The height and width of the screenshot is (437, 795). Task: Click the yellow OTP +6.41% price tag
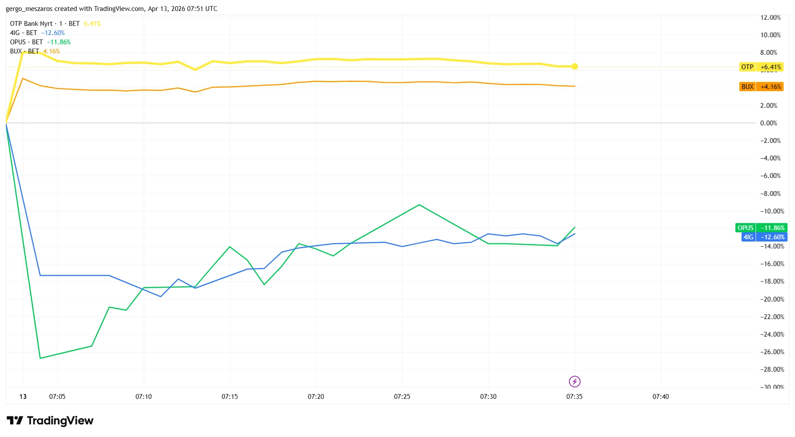point(761,67)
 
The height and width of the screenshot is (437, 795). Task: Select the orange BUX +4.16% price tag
point(761,87)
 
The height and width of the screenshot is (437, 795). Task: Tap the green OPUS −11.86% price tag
point(761,228)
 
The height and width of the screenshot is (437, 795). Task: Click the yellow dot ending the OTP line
point(575,67)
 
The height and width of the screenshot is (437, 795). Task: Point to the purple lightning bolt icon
point(575,382)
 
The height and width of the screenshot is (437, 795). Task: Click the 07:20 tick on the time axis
point(316,397)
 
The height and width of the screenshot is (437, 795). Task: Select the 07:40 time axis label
point(660,397)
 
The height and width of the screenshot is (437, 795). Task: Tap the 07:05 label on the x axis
point(57,397)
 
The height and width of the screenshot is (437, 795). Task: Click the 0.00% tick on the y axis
point(769,123)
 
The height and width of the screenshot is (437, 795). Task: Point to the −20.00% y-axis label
point(772,299)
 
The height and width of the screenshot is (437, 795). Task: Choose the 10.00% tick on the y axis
point(770,35)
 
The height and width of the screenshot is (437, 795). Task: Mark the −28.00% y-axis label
point(772,369)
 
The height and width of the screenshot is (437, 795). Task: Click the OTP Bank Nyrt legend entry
point(31,24)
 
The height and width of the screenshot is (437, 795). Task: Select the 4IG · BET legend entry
point(24,33)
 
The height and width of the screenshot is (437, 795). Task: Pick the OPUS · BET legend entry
point(26,42)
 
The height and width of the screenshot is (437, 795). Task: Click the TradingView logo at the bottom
point(50,421)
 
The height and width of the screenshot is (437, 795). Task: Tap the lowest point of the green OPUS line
point(40,358)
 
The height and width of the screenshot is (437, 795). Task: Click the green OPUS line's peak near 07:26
point(419,205)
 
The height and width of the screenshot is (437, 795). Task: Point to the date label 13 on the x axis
point(23,397)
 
